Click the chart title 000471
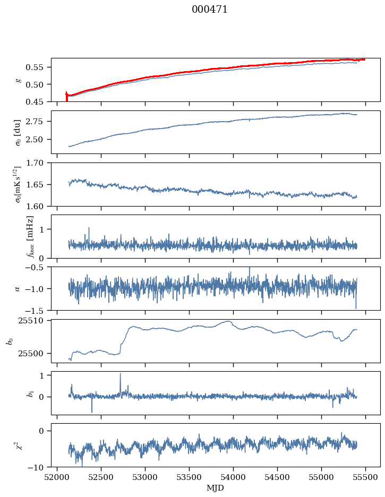(x=210, y=10)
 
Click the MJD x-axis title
(x=215, y=488)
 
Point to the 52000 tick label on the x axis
(x=57, y=477)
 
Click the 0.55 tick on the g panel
(x=38, y=67)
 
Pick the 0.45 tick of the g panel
(x=38, y=101)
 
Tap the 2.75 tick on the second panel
(x=38, y=122)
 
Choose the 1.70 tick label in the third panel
(x=38, y=163)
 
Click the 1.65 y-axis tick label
(x=38, y=184)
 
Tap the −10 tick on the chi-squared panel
(x=38, y=467)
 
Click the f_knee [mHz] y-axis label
(x=30, y=236)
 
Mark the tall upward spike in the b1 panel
(x=120, y=374)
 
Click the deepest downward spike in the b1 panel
(x=92, y=412)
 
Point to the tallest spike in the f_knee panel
(x=89, y=228)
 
